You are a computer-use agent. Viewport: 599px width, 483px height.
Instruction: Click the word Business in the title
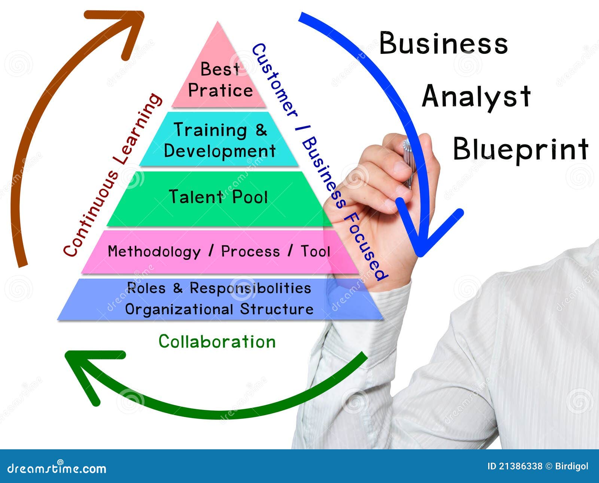444,43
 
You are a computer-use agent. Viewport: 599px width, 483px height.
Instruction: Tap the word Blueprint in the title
520,149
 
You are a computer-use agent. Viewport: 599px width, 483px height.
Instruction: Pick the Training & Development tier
219,139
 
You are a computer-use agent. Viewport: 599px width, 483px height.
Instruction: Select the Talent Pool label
218,197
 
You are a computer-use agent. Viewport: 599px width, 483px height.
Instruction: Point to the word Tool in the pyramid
315,251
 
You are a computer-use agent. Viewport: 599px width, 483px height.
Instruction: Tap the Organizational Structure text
219,309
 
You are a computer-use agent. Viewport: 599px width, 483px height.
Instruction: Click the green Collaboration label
217,341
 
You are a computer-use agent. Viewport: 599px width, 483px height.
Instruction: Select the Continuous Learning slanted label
112,175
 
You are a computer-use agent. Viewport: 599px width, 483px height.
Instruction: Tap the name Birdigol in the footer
572,467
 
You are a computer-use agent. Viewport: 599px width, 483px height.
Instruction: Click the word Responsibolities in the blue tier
250,288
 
